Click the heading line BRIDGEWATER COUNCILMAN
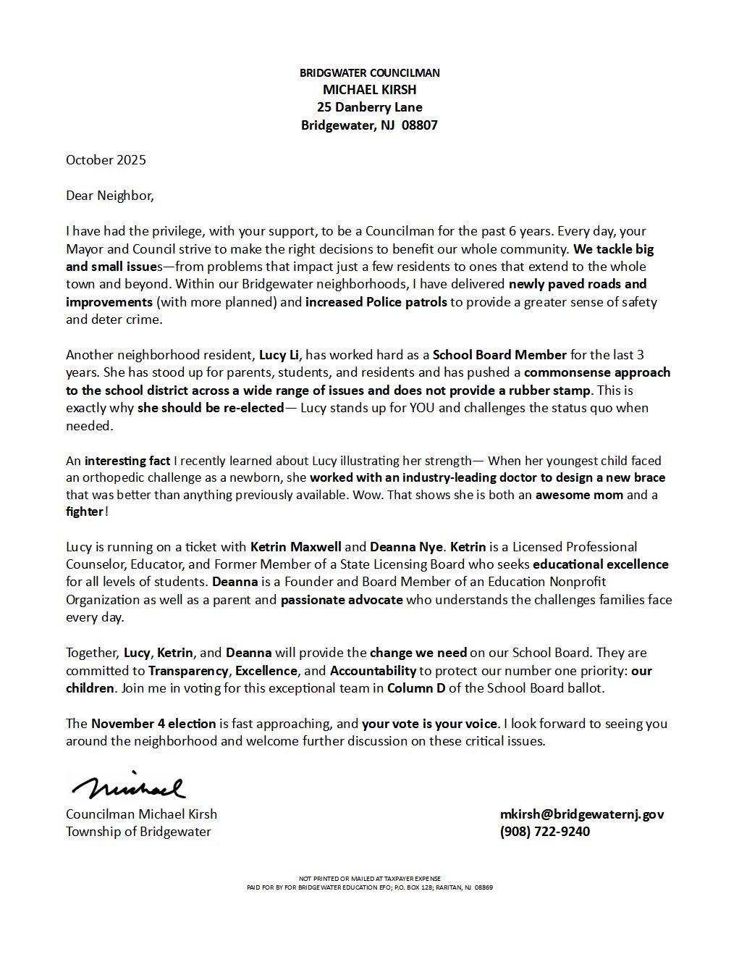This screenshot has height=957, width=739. click(369, 73)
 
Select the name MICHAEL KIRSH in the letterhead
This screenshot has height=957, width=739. click(369, 90)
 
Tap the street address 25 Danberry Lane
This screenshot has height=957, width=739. click(369, 107)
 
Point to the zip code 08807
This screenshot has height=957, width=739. click(419, 125)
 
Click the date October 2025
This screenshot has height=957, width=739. click(106, 160)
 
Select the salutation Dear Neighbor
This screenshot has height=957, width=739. click(109, 196)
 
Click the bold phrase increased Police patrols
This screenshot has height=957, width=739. click(376, 302)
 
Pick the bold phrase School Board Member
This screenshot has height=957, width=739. click(499, 355)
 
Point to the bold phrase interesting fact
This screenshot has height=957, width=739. click(127, 461)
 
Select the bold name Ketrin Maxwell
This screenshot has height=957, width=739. click(295, 547)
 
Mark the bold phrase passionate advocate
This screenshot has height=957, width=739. click(342, 600)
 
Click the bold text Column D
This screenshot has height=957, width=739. click(416, 688)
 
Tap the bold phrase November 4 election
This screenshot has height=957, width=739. click(153, 724)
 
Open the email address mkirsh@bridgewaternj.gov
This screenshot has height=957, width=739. click(582, 814)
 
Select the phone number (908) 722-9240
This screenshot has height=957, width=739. click(545, 832)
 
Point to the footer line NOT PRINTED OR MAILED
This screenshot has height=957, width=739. click(369, 879)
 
